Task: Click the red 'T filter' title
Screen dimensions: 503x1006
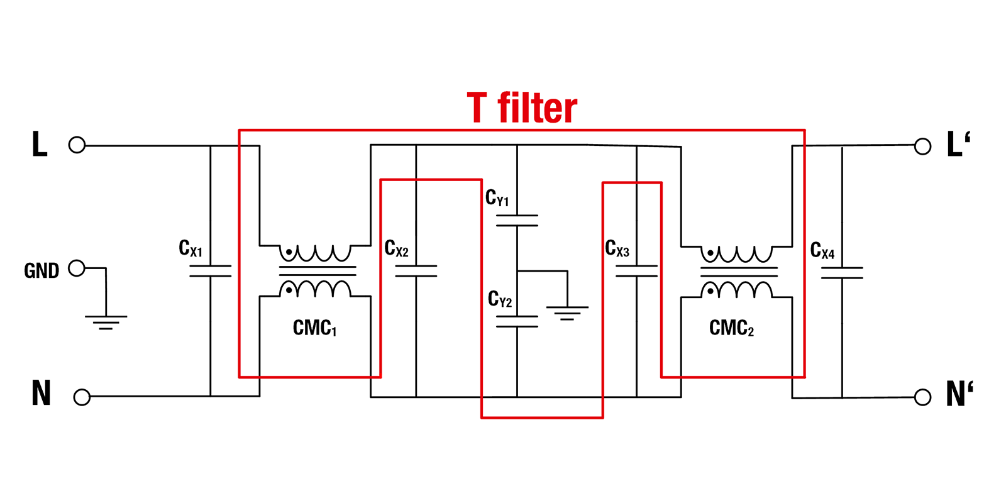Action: coord(522,108)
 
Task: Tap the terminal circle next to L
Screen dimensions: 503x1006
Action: coord(77,145)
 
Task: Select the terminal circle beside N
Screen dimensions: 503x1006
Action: coord(82,397)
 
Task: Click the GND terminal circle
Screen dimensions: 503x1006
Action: coord(77,268)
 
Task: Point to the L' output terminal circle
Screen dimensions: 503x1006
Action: coord(922,146)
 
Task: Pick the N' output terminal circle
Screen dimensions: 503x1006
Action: coord(922,397)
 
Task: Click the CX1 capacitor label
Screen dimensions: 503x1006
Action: coord(191,248)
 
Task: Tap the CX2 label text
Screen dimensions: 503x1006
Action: coord(396,248)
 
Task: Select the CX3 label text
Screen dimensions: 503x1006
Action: coord(617,248)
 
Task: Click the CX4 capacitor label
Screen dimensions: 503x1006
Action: coord(822,250)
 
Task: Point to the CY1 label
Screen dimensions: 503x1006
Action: coord(497,198)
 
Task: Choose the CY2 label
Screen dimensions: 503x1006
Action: coord(500,299)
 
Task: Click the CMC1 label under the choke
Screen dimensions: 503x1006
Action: coord(314,328)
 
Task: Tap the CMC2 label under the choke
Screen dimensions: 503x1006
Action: coord(731,328)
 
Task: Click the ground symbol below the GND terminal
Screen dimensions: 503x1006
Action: coord(106,322)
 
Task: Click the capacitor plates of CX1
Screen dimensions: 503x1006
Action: coord(211,271)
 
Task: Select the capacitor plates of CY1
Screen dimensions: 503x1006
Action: coord(517,221)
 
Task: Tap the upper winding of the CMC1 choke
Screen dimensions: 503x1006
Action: coord(316,253)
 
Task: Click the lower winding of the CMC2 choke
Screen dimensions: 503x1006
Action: coord(738,290)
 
